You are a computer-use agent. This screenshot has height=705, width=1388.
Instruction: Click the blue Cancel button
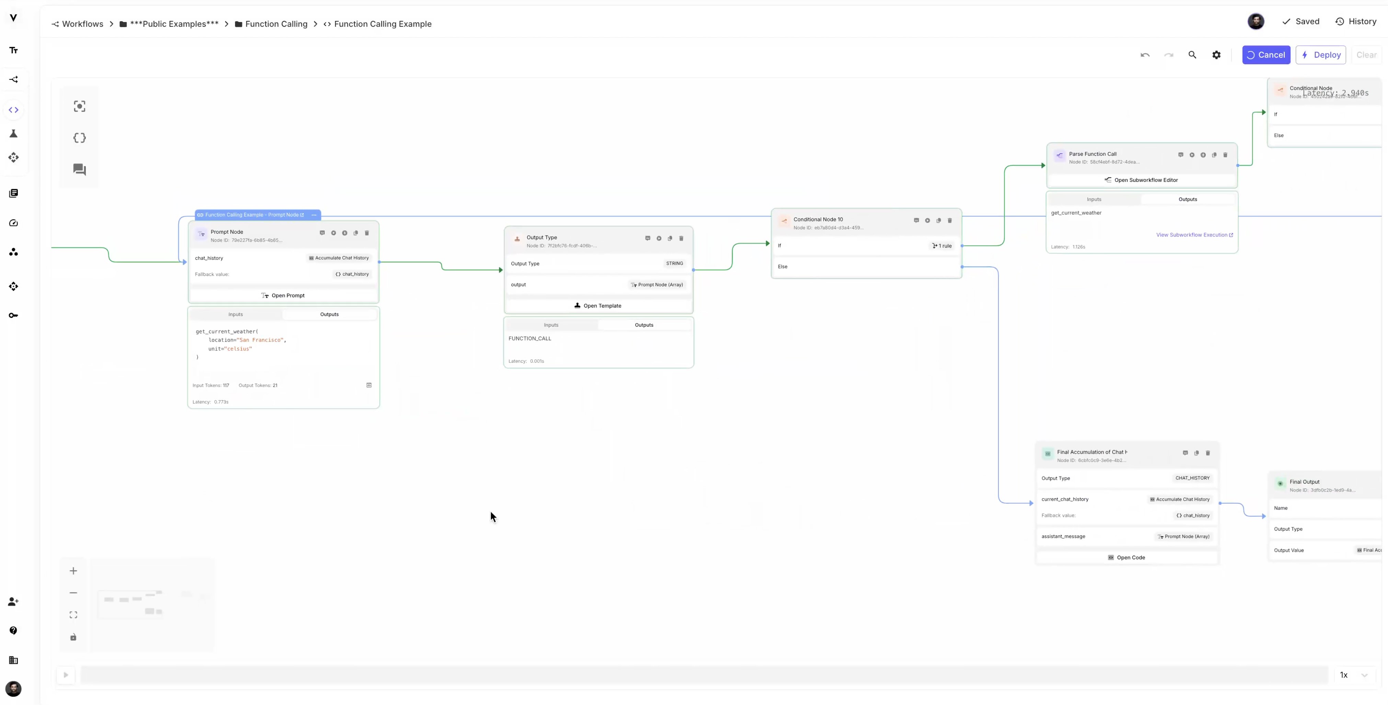pos(1266,55)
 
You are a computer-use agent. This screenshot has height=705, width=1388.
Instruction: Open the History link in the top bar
pos(1356,22)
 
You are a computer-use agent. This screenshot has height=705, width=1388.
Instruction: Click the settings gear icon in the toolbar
pos(1216,55)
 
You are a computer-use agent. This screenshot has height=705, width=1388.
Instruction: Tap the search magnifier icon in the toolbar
pos(1192,55)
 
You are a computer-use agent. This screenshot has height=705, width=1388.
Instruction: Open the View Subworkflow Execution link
pos(1194,235)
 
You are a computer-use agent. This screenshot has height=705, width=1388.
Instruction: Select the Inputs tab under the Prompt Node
pos(235,314)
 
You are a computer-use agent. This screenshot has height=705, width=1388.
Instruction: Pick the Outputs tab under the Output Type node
pos(644,325)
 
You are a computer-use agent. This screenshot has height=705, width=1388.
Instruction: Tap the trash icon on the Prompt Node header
pos(367,233)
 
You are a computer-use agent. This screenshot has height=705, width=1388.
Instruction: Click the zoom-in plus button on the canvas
pos(73,571)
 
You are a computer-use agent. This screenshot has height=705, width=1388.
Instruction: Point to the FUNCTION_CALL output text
pos(530,338)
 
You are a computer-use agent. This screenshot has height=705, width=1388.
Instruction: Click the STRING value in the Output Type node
pos(674,264)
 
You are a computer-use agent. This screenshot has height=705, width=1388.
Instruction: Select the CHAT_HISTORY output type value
pos(1192,478)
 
